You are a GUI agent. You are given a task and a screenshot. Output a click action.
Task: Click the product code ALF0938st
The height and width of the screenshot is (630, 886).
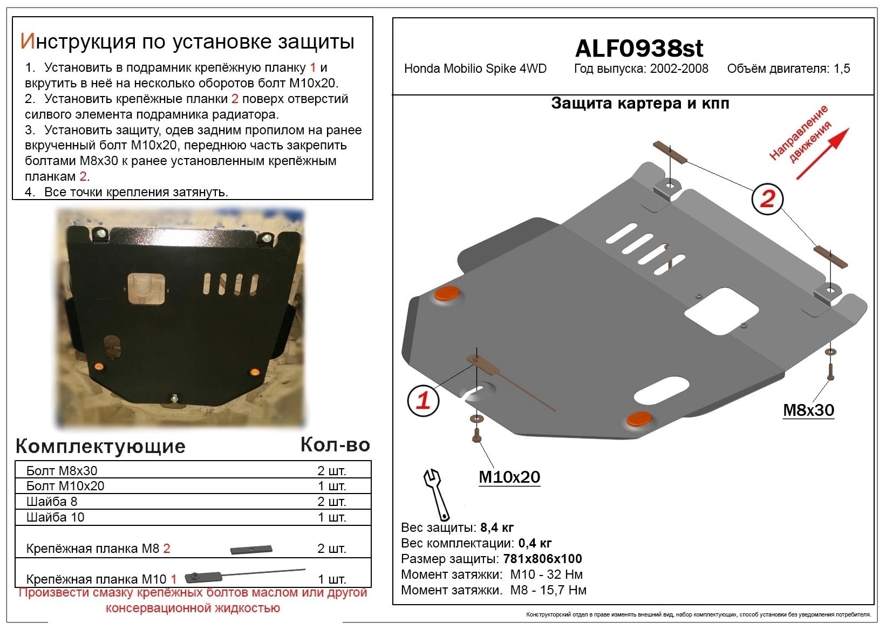[x=639, y=49]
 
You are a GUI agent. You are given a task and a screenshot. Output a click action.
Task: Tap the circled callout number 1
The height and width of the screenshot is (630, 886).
[x=424, y=400]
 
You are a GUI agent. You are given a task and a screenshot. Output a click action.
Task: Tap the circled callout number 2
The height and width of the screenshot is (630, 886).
[x=767, y=199]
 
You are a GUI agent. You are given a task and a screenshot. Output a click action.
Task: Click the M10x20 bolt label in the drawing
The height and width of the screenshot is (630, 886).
[x=509, y=477]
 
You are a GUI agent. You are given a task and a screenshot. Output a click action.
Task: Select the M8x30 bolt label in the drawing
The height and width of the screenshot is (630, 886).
[x=808, y=410]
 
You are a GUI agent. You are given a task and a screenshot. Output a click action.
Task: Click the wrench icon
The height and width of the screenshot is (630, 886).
[x=437, y=493]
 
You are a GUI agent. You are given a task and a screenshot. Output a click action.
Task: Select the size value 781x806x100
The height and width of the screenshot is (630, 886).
[x=542, y=559]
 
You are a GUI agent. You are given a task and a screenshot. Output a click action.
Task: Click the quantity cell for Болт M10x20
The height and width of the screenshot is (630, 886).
[x=331, y=486]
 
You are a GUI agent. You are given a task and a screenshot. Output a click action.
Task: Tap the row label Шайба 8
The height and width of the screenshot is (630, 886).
[x=52, y=502]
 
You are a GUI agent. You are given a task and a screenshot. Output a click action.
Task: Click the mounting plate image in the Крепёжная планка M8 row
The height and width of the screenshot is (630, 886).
[x=251, y=549]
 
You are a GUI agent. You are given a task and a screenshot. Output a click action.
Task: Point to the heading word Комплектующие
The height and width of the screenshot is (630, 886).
[x=100, y=446]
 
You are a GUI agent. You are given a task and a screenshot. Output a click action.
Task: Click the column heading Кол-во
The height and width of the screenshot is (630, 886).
[x=335, y=444]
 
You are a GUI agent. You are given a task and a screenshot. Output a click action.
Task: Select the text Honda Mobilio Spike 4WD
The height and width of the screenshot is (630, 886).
[x=475, y=69]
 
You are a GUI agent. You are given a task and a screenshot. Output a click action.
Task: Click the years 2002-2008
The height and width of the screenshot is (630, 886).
[x=679, y=69]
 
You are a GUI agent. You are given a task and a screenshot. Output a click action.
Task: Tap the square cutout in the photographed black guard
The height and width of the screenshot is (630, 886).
[x=146, y=289]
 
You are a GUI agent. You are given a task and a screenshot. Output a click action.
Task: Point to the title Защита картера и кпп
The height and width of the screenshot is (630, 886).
[x=639, y=104]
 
